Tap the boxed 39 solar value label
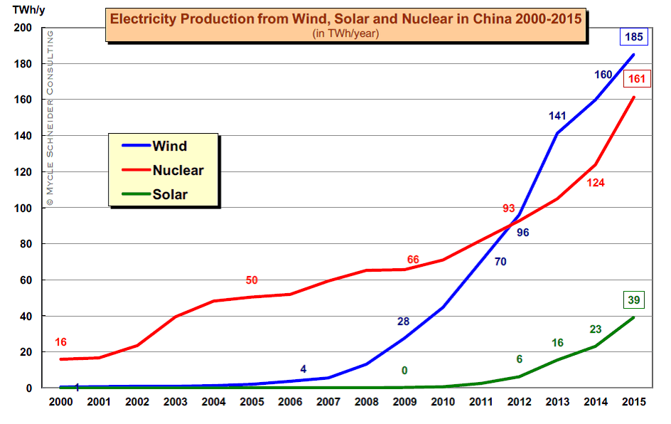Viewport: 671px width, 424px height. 633,300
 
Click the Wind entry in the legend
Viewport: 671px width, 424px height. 169,147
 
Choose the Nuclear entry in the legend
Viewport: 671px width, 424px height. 178,170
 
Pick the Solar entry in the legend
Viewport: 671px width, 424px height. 170,194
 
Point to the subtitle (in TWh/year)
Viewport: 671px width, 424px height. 345,33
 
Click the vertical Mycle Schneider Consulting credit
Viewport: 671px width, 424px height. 49,118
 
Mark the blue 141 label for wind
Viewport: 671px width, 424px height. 558,116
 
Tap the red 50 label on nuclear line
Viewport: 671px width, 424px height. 251,280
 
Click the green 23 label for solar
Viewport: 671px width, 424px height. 596,329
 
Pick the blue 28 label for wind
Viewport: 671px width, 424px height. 404,322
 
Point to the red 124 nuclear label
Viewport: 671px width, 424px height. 596,184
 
